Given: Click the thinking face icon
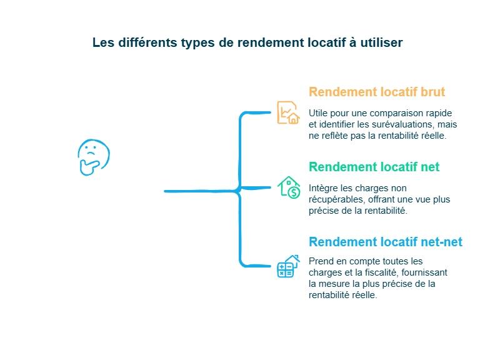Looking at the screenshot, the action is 93,156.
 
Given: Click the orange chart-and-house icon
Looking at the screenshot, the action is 288,112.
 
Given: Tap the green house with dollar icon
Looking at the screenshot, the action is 289,187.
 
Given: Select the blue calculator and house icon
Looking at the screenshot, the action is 288,266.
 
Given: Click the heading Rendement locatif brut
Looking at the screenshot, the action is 376,92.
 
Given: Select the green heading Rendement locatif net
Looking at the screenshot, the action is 374,167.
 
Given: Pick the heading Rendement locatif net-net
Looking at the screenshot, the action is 385,242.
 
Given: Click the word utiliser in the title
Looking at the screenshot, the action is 381,42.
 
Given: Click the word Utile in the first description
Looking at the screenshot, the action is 318,113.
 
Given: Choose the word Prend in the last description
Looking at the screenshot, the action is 321,261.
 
